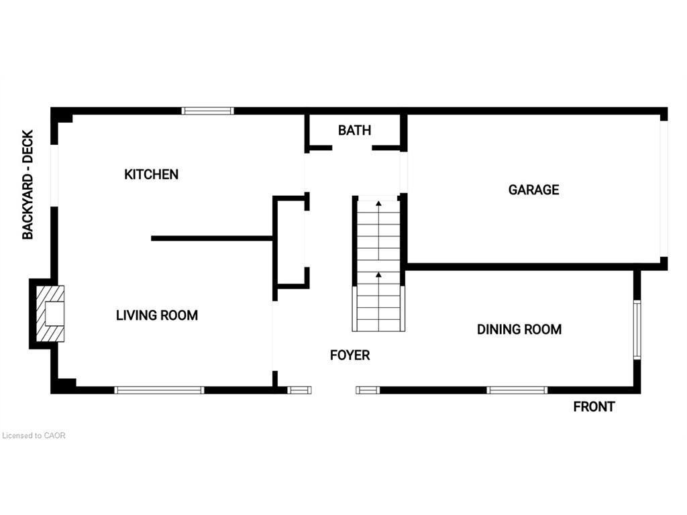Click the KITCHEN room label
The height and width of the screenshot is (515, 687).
[151, 174]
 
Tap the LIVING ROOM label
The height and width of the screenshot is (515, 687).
[157, 315]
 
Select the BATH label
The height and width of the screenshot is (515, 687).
[354, 130]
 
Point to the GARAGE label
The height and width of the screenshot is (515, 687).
[533, 190]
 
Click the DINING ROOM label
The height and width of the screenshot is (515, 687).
[519, 329]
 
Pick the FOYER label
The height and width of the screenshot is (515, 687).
[350, 355]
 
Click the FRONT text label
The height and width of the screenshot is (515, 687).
[594, 407]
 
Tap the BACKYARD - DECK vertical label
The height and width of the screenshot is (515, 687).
[28, 185]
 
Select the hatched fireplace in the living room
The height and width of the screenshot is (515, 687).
[50, 314]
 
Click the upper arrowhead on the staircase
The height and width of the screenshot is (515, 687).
[378, 203]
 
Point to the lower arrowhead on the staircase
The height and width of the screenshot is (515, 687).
[378, 274]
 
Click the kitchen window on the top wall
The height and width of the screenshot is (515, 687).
[208, 111]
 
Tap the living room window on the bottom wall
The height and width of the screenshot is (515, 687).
[160, 390]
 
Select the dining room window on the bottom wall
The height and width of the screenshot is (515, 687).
[517, 390]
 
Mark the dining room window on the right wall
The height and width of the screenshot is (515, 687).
[637, 330]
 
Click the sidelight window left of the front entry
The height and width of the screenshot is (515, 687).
[299, 390]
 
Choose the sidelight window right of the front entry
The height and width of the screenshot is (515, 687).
[368, 390]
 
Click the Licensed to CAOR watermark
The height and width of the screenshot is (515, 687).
[34, 436]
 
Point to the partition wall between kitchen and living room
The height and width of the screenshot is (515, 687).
[212, 239]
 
